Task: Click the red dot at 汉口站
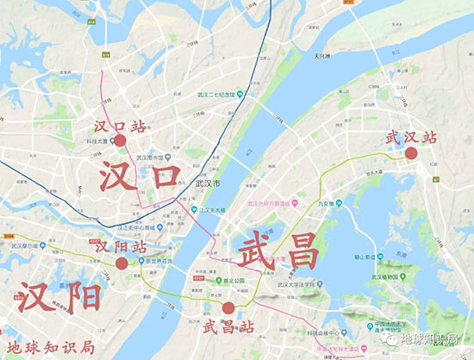[x=120, y=140]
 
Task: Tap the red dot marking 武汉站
[x=411, y=153]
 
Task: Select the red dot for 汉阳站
[x=122, y=264]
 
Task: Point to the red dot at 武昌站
[x=228, y=308]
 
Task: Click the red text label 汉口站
[x=120, y=124]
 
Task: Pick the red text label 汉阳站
[x=120, y=247]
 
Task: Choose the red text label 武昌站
[x=229, y=326]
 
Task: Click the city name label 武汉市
[x=209, y=185]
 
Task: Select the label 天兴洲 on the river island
[x=323, y=57]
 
